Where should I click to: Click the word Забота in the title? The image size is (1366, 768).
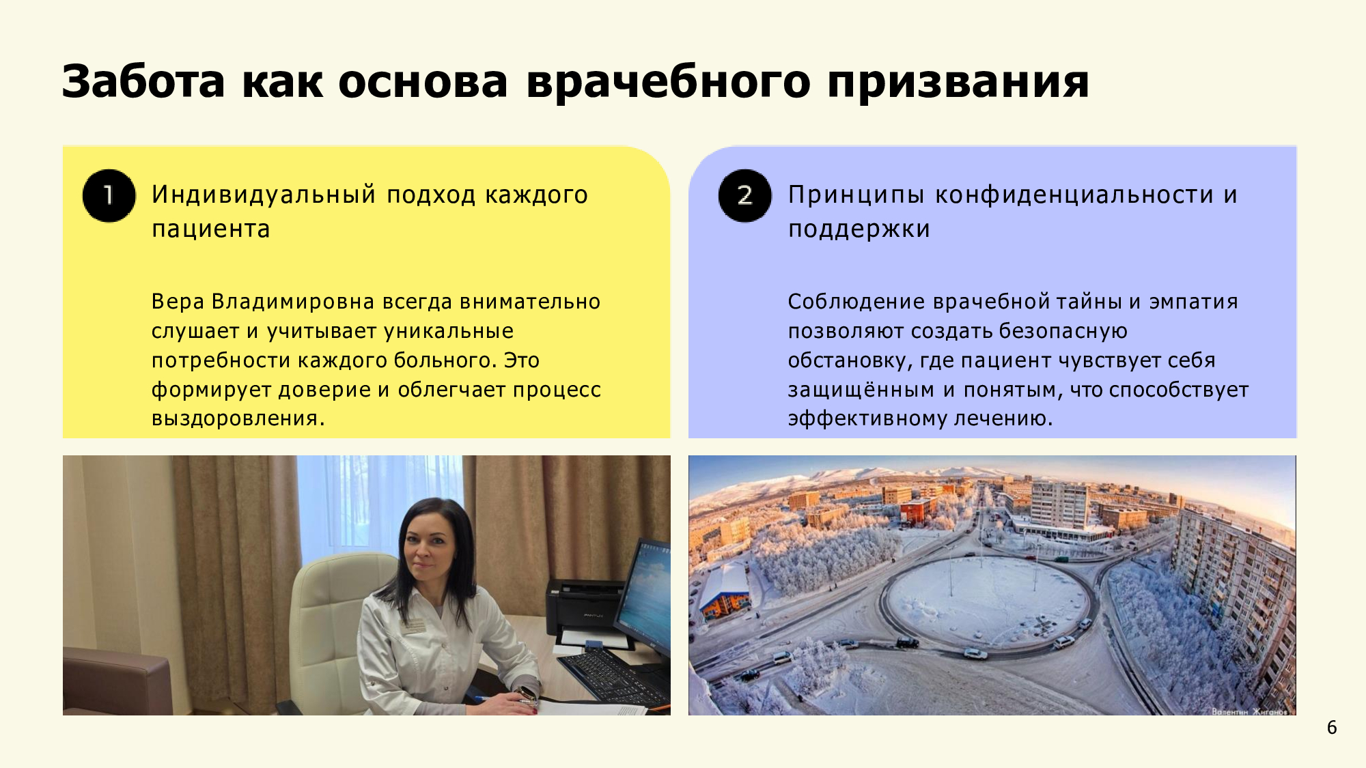(x=143, y=82)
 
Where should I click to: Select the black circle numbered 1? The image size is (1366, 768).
(x=109, y=196)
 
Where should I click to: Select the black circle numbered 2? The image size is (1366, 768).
(x=744, y=196)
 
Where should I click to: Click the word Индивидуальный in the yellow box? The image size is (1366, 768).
(x=264, y=195)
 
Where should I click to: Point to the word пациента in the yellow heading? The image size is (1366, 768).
(x=211, y=229)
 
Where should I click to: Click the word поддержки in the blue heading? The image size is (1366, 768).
(x=859, y=229)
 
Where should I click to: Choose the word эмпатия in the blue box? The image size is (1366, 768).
(x=1193, y=302)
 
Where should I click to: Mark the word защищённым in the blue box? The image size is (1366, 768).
(x=861, y=390)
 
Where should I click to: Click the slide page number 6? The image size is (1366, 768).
(x=1332, y=728)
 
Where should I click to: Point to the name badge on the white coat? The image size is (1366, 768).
(x=413, y=625)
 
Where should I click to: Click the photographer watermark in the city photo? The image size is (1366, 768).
(x=1249, y=711)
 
